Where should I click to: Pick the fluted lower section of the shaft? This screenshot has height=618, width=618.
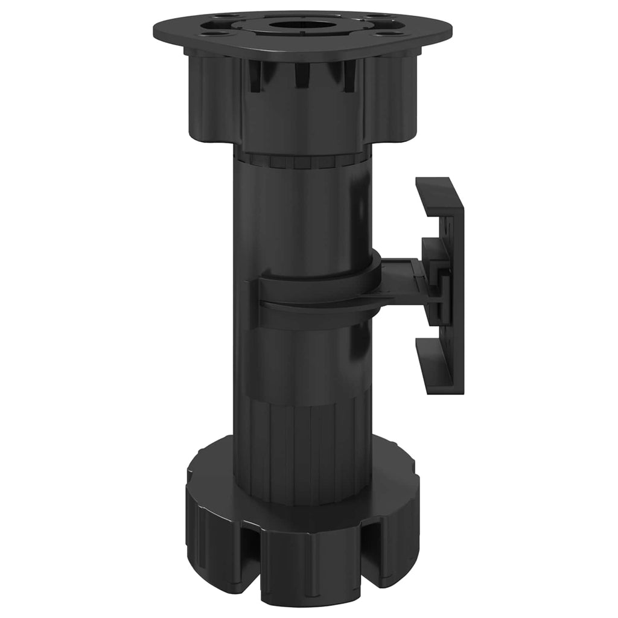[302, 447]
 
